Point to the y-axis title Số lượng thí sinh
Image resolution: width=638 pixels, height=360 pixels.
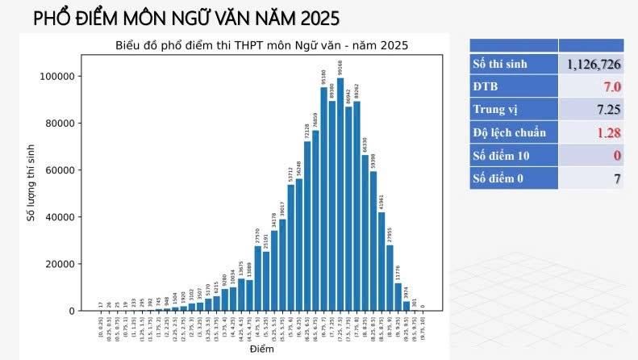(x=31, y=181)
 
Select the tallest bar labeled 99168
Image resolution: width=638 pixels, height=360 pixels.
(x=340, y=194)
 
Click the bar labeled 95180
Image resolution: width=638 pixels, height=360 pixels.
(x=323, y=199)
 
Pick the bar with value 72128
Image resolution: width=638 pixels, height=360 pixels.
(x=307, y=226)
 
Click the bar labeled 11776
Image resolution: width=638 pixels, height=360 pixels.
(x=398, y=296)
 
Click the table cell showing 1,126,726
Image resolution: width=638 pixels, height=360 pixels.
(x=593, y=64)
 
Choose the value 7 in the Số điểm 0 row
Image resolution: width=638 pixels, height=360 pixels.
(x=616, y=178)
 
